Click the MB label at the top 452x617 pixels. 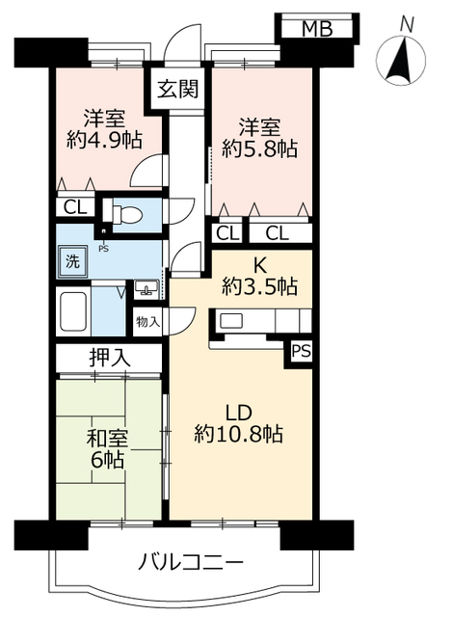coord(318,28)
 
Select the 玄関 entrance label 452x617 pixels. coord(177,92)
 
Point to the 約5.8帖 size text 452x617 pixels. coord(258,149)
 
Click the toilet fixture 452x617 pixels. coord(126,212)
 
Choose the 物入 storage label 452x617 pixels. coord(148,320)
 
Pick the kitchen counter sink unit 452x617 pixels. coord(234,322)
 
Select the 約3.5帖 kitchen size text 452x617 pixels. coord(258,285)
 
